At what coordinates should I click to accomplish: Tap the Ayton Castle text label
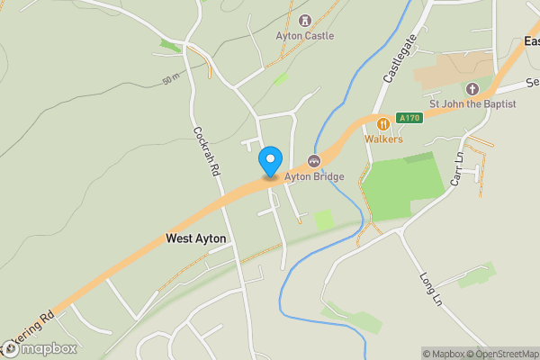pyautogui.click(x=304, y=36)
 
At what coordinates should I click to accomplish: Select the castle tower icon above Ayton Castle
pyautogui.click(x=304, y=20)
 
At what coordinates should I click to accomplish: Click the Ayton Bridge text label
pyautogui.click(x=314, y=177)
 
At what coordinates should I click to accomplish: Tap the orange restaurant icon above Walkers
pyautogui.click(x=383, y=123)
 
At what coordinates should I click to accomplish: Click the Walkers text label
pyautogui.click(x=383, y=139)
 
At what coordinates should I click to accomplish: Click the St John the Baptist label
pyautogui.click(x=472, y=104)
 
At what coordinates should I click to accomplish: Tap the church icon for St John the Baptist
pyautogui.click(x=472, y=88)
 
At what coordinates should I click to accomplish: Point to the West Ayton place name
pyautogui.click(x=196, y=238)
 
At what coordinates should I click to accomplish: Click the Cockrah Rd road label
pyautogui.click(x=205, y=150)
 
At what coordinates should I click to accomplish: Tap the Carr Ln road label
pyautogui.click(x=458, y=168)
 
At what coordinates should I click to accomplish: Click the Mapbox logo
pyautogui.click(x=40, y=348)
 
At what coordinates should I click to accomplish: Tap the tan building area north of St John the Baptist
pyautogui.click(x=464, y=65)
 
